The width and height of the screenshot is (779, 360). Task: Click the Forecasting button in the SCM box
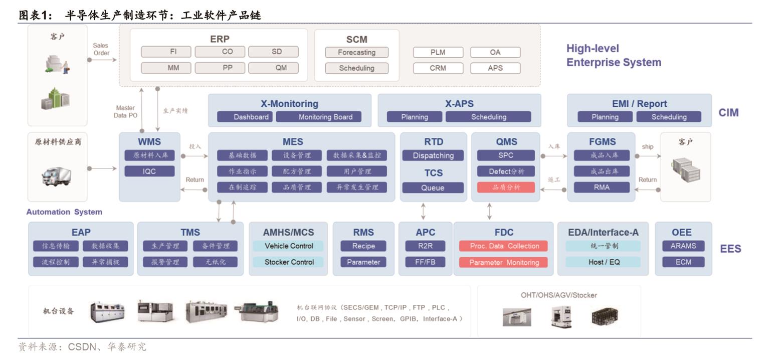[x=356, y=52]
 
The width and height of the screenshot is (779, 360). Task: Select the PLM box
[x=438, y=52]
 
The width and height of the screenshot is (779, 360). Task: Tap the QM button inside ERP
[x=281, y=68]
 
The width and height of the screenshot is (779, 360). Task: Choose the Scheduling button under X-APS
[x=488, y=117]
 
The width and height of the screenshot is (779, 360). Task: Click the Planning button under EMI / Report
[x=605, y=117]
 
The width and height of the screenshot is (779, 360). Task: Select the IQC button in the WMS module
[x=149, y=171]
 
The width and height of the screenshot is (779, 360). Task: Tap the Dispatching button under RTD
[x=433, y=155]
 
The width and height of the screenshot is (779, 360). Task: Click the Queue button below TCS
[x=433, y=188]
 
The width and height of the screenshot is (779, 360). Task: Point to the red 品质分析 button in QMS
[x=506, y=187]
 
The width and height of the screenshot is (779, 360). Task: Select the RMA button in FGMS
[x=602, y=187]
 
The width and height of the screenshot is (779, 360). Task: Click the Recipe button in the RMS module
[x=363, y=246]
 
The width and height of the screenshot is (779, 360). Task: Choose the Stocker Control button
[x=289, y=262]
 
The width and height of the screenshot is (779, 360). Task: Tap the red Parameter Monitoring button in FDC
[x=504, y=262]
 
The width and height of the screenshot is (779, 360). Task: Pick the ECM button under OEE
[x=683, y=262]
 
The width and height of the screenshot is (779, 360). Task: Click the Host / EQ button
[x=604, y=262]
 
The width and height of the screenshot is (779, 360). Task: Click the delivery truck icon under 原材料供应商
[x=56, y=176]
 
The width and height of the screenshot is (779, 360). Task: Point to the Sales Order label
[x=101, y=49]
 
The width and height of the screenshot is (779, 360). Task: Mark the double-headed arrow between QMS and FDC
[x=489, y=211]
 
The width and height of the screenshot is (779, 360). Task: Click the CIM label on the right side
[x=728, y=112]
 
